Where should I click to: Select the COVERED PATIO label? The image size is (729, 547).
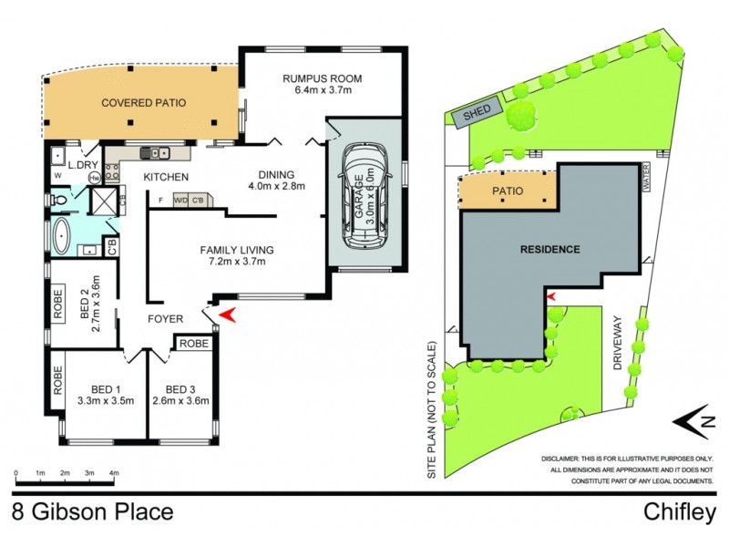[143, 104]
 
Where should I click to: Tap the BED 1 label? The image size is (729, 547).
[107, 387]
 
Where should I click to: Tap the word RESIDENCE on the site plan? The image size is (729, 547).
[550, 248]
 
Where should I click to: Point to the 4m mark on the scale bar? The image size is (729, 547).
[114, 474]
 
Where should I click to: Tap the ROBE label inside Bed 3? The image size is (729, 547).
[193, 344]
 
